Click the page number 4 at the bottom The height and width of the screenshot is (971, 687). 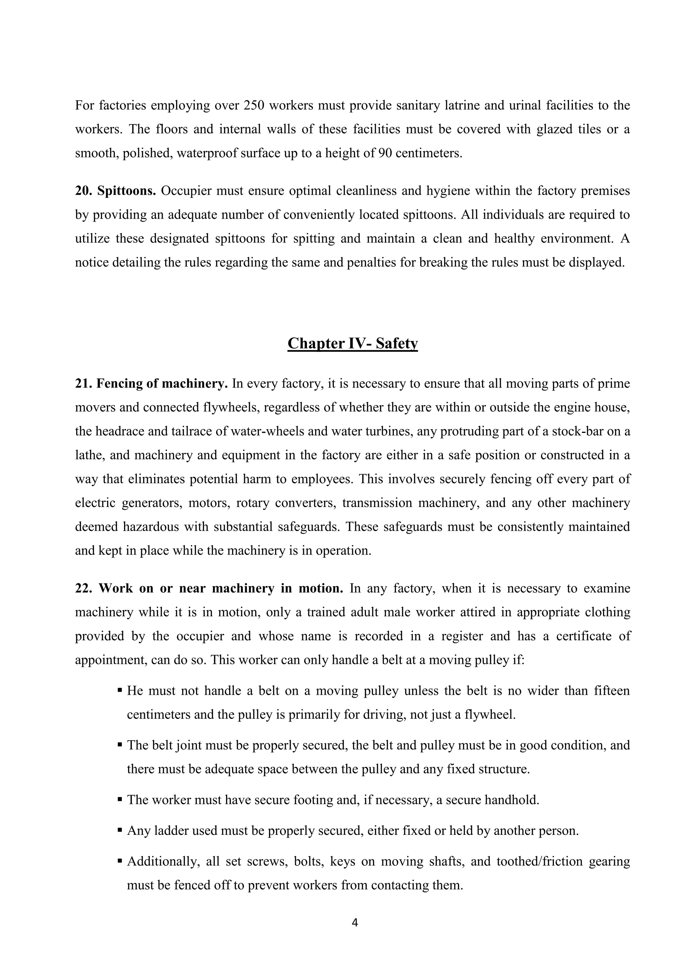tap(355, 923)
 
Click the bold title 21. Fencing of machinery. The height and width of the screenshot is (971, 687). tap(151, 384)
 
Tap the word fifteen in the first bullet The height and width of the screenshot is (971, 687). tap(612, 691)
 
